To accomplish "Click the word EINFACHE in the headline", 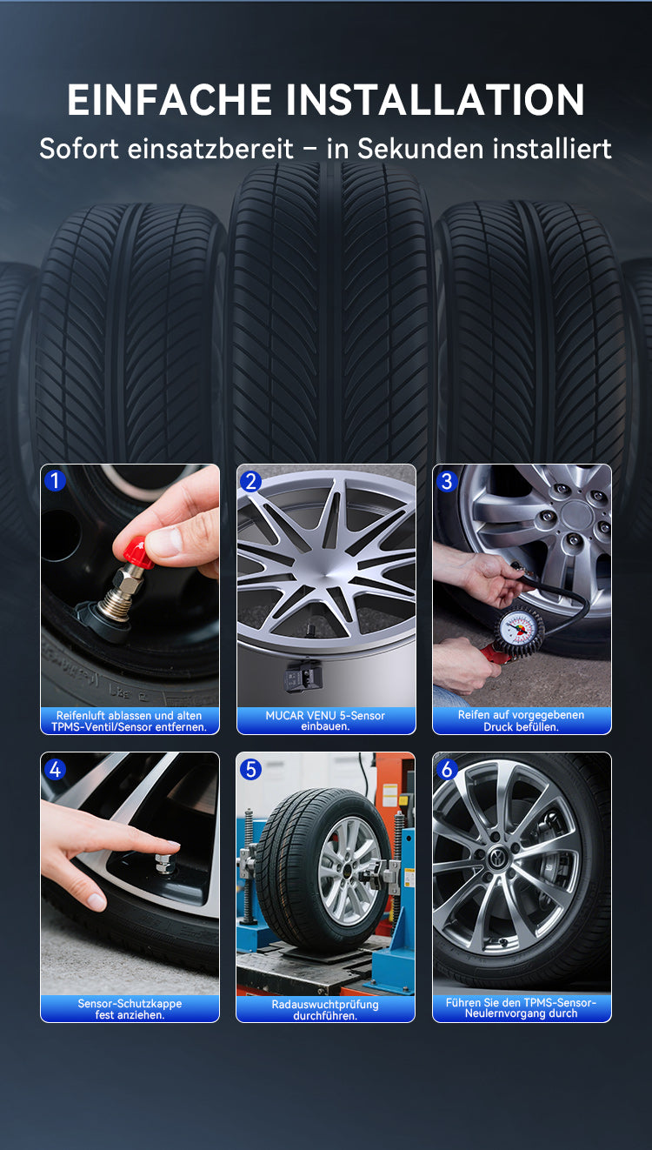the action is click(170, 99).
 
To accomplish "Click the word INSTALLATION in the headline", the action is click(435, 99).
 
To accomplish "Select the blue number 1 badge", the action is click(55, 480).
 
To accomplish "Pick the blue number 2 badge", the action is click(251, 482).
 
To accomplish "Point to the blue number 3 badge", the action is click(447, 482).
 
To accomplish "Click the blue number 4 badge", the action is click(55, 770).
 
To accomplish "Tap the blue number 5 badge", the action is click(251, 770).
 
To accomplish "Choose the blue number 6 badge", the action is click(447, 770).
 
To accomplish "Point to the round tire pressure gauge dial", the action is click(518, 628).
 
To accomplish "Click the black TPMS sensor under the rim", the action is click(303, 677).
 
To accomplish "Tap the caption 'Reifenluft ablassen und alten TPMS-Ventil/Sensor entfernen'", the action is click(130, 721).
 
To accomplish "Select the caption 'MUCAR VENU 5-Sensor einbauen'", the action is click(325, 721).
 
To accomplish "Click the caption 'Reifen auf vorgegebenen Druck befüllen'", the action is click(522, 721).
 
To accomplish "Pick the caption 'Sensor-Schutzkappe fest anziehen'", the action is click(130, 1009).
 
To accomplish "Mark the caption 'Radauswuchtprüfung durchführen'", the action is click(325, 1010).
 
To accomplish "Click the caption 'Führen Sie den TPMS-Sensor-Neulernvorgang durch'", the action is click(522, 1008).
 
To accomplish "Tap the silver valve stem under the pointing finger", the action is click(164, 863).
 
